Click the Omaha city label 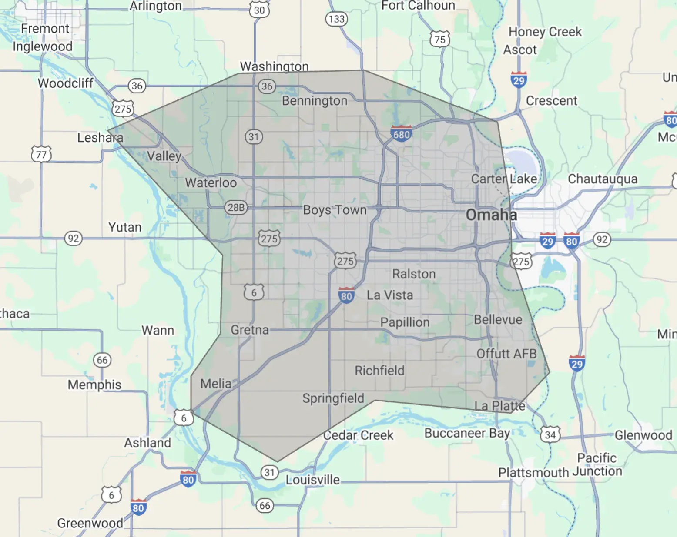(491, 215)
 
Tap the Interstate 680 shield (401, 134)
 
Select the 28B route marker (236, 208)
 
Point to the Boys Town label (335, 210)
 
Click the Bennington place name (315, 101)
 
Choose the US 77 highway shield (41, 154)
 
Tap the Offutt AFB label (506, 354)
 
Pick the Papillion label (405, 322)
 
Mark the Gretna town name (250, 330)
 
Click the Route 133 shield (336, 19)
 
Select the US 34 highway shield (550, 434)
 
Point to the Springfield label (333, 398)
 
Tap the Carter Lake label (504, 179)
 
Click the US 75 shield (440, 40)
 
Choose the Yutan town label (125, 227)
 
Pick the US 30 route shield (259, 10)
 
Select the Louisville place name (312, 480)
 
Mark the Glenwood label (643, 435)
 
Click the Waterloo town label (211, 182)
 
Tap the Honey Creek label (545, 32)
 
